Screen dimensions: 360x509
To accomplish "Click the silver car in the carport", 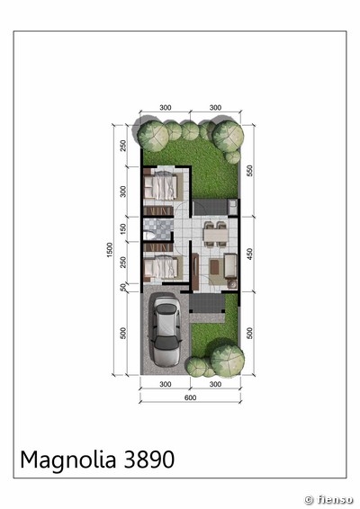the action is tap(165, 331).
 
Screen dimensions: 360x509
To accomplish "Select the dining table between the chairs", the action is tap(215, 235).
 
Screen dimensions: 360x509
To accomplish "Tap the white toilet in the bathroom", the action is tap(148, 235).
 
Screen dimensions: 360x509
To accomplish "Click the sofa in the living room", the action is tap(230, 265).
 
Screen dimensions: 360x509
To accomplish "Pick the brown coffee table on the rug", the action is tap(215, 267).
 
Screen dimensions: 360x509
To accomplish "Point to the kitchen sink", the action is tap(232, 207).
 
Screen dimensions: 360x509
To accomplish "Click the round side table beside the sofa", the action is tap(232, 284).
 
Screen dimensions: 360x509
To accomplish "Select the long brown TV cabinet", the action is tap(195, 272).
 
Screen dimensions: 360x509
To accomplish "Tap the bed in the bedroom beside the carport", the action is tap(160, 268).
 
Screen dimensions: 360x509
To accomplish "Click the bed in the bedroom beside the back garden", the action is tap(160, 186).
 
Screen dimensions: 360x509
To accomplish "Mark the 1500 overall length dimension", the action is tap(110, 250).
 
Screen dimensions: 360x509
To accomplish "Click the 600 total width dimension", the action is tap(190, 397).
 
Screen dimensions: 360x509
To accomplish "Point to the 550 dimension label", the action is tap(249, 171).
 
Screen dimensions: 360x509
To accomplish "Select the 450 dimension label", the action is tap(249, 254).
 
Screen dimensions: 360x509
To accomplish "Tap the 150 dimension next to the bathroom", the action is tap(123, 229).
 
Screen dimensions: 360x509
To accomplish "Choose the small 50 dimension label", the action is tap(123, 287).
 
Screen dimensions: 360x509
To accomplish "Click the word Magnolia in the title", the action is tap(68, 460).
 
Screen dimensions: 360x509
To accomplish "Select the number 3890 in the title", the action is tap(149, 460).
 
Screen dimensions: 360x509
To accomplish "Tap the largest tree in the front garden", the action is tap(228, 361).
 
